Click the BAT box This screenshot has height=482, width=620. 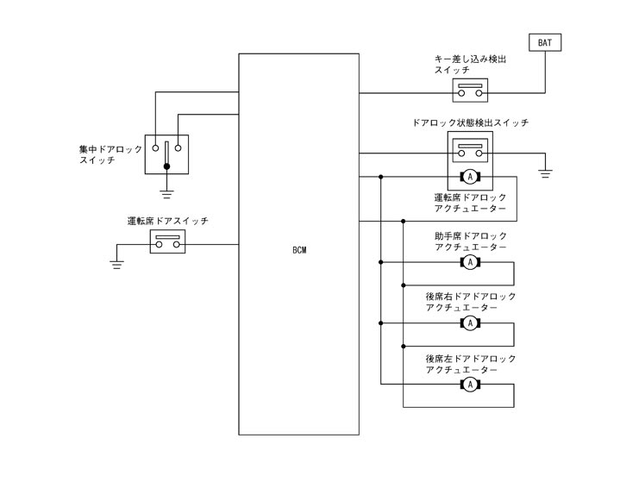coord(546,41)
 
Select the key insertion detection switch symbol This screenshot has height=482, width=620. coord(470,91)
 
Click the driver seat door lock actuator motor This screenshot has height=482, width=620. coord(470,177)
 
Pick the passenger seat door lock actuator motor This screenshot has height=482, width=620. coord(470,261)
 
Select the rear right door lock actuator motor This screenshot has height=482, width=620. coord(470,322)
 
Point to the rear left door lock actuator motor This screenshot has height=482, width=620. coord(470,384)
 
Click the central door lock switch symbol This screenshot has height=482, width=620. coord(166,153)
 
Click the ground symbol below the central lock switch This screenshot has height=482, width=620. coord(167,192)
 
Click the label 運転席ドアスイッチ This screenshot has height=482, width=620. coord(167,222)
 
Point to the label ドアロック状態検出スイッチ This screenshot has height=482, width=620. coord(470,123)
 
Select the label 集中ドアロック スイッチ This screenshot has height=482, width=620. coord(110,154)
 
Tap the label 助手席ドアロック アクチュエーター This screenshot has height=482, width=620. coord(471,241)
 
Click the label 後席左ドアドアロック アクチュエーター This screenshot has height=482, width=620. coord(471,363)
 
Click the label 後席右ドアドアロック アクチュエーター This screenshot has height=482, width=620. coord(471,302)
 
